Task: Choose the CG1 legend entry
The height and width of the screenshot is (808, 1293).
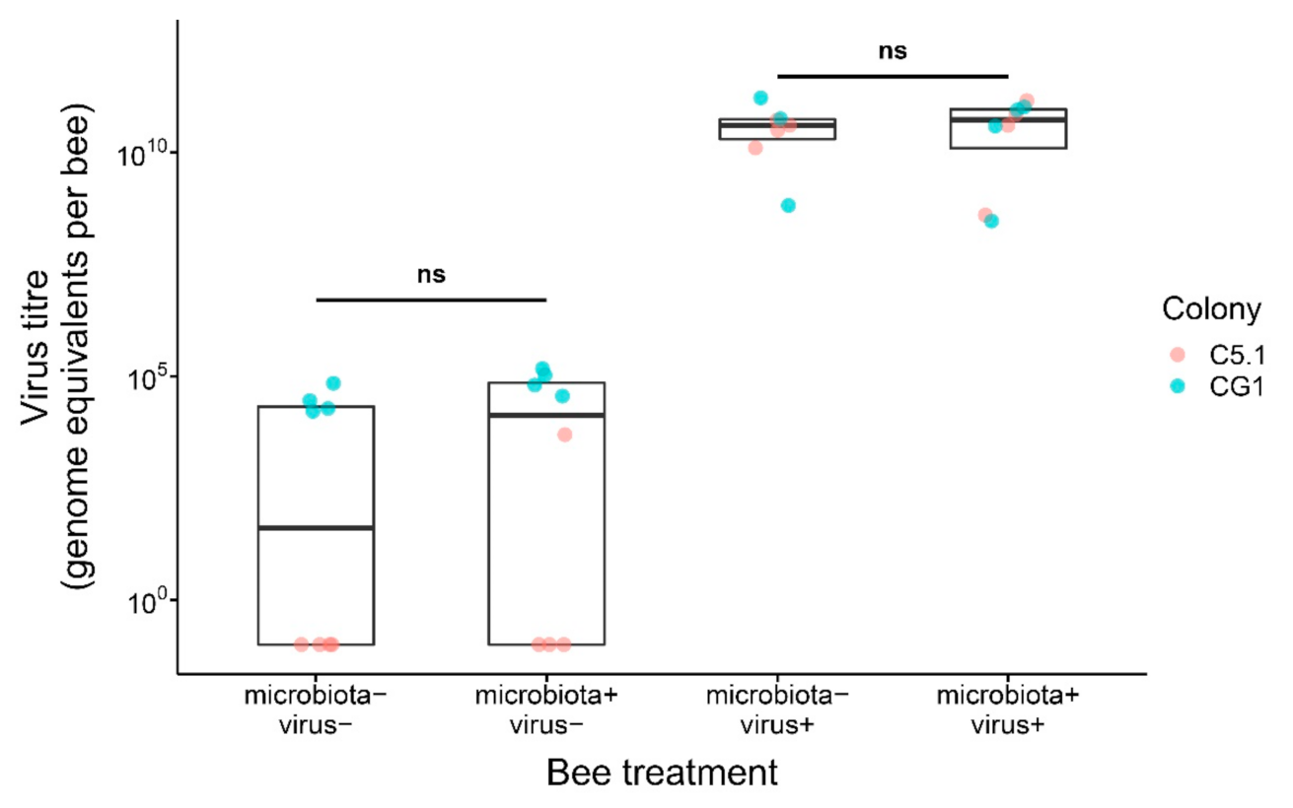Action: pos(1227,387)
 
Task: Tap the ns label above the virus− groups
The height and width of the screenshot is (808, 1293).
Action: pos(431,274)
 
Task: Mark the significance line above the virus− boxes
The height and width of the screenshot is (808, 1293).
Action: pos(431,300)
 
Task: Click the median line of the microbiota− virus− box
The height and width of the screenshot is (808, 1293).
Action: pos(316,528)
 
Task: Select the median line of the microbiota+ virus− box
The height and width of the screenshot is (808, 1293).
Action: pos(546,415)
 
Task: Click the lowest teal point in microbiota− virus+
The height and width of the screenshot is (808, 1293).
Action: pos(788,205)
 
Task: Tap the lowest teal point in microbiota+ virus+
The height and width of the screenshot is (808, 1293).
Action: pos(991,221)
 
